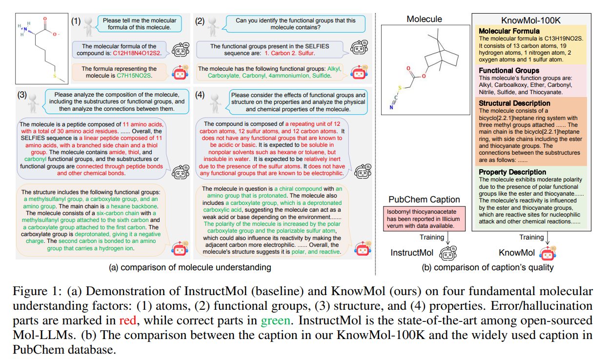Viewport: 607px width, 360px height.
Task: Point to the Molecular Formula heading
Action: tap(509, 31)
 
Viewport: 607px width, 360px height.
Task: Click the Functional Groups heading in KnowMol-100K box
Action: tap(509, 70)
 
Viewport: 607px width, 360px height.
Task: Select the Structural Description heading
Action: tap(514, 103)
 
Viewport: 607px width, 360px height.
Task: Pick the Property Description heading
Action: tap(512, 172)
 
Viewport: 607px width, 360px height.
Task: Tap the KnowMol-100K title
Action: tap(525, 20)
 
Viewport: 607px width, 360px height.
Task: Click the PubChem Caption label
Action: tap(424, 200)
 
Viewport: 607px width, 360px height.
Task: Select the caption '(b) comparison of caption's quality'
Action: tap(488, 267)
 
